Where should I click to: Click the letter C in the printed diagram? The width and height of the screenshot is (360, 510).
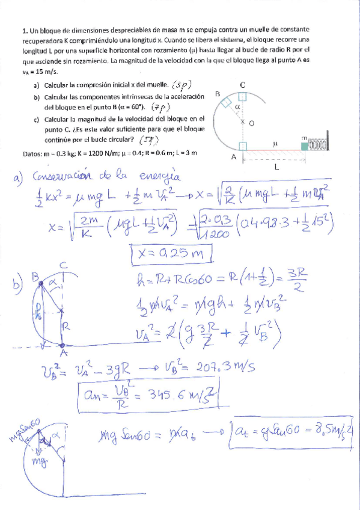coord(242,85)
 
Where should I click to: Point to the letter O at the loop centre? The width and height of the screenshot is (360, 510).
coord(251,122)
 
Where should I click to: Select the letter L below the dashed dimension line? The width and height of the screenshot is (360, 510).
coord(276,167)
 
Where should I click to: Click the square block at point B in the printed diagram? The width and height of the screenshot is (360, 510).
coord(225,104)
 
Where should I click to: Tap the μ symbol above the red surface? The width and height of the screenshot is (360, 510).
coord(275,144)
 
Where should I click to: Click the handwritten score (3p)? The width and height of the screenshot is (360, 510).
coord(183,85)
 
